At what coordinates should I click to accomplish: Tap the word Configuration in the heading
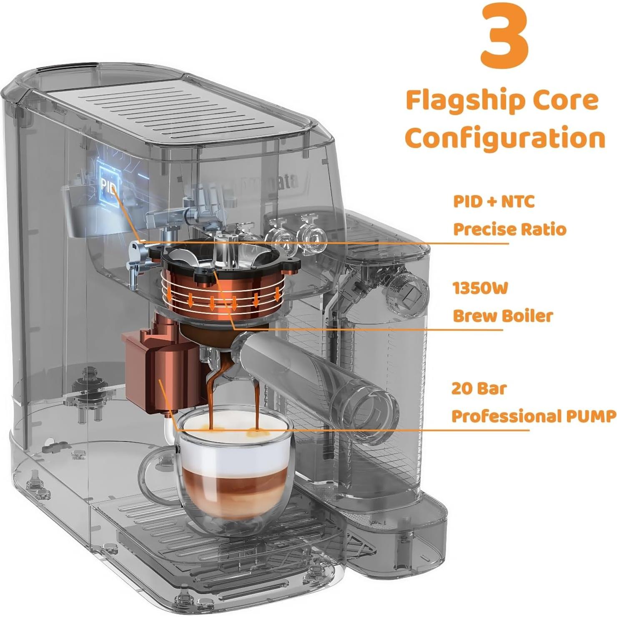504,139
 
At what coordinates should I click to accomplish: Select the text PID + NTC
494,202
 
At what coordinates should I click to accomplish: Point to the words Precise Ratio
509,229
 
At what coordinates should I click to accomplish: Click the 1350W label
480,288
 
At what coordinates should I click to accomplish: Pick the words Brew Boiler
502,316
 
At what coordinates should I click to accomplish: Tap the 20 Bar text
479,389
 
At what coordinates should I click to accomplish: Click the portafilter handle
321,375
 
